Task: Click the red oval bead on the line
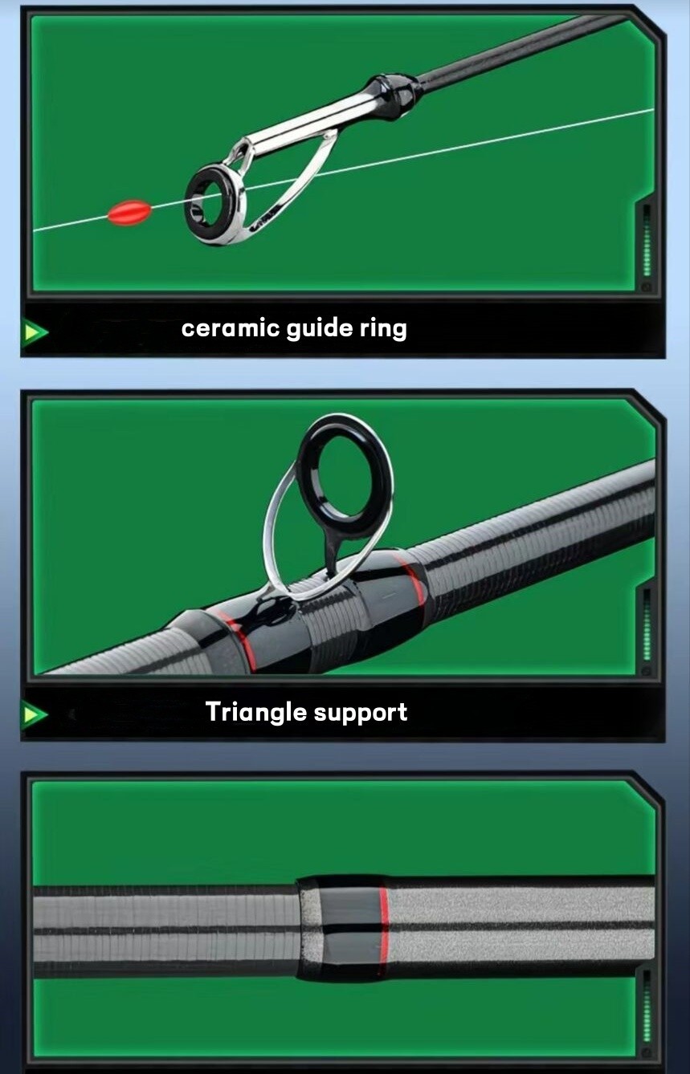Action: point(129,213)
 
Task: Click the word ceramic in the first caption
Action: point(231,329)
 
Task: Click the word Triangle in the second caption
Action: point(256,713)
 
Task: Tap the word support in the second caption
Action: point(361,714)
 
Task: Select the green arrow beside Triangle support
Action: point(35,714)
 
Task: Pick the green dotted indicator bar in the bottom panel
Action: point(647,1007)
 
